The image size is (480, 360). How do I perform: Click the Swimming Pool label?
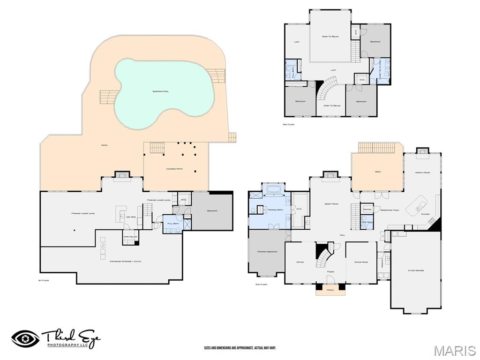click(x=160, y=91)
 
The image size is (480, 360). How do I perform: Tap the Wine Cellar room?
click(x=130, y=237)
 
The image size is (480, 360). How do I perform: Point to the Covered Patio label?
click(x=174, y=169)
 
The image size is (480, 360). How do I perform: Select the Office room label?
click(x=300, y=262)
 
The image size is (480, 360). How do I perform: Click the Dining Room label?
click(x=361, y=262)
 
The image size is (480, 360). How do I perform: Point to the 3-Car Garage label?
click(x=415, y=270)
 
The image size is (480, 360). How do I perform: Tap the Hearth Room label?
click(x=422, y=172)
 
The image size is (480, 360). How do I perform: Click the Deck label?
click(x=377, y=172)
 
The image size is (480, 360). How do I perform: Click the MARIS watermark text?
click(x=454, y=351)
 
